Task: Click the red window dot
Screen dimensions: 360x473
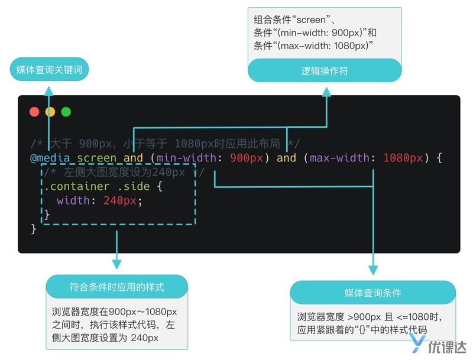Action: [34, 112]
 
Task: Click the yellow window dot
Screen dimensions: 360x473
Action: [50, 112]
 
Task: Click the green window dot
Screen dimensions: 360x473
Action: [66, 112]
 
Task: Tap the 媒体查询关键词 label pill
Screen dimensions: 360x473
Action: [50, 69]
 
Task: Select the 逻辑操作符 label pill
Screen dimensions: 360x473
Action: [325, 71]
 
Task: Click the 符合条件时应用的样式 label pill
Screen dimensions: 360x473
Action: [116, 287]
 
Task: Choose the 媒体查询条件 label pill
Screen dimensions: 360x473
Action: [372, 293]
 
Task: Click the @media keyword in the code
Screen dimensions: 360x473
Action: [50, 158]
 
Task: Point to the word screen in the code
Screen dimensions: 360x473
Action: [97, 158]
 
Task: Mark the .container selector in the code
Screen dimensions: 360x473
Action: [77, 186]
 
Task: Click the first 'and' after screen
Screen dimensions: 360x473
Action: [133, 158]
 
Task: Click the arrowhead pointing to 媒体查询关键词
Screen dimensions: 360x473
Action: [48, 89]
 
